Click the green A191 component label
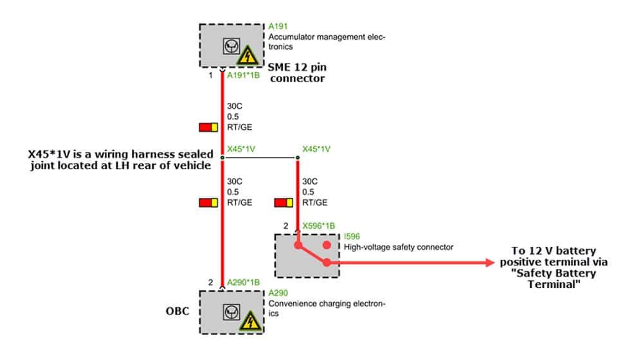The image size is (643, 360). (278, 26)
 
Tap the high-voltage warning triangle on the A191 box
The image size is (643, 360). (248, 55)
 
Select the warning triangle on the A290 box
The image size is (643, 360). (249, 321)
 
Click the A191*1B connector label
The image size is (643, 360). (243, 75)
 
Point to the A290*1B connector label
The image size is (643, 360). (243, 282)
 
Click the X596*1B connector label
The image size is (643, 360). (319, 226)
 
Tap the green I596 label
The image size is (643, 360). (352, 237)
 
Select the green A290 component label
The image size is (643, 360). (278, 292)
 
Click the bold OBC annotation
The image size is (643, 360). (177, 311)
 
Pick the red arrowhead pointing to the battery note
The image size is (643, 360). (490, 262)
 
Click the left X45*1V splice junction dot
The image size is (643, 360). (222, 157)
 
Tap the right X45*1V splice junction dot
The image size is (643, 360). (298, 157)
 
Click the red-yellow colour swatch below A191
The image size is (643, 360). (208, 127)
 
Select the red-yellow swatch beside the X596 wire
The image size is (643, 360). (284, 203)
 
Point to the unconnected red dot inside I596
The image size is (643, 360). (327, 245)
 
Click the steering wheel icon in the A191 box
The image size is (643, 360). (231, 46)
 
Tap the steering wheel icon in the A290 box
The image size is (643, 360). (231, 312)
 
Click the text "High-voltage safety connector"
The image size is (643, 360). (399, 248)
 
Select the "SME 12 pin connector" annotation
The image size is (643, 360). (297, 73)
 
